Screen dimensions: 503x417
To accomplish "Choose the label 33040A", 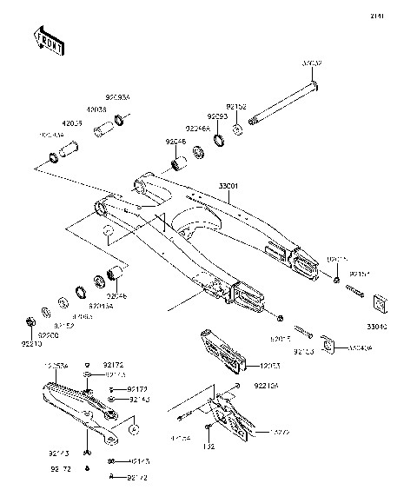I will pyautogui.click(x=386, y=347).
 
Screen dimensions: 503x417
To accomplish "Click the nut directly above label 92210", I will pyautogui.click(x=30, y=323).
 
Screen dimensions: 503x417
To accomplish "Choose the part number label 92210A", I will pyautogui.click(x=267, y=384).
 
